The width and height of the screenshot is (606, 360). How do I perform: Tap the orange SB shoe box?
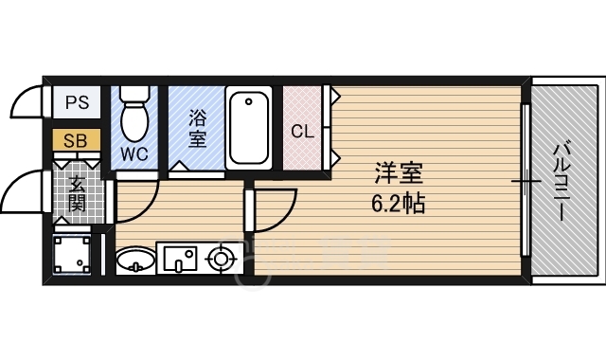pos(77,141)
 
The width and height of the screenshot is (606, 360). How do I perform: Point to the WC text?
pos(134,152)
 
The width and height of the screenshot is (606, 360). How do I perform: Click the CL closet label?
pos(302,132)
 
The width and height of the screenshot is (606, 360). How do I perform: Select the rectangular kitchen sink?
pos(179,257)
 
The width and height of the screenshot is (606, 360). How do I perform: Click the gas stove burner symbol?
pos(221,257)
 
